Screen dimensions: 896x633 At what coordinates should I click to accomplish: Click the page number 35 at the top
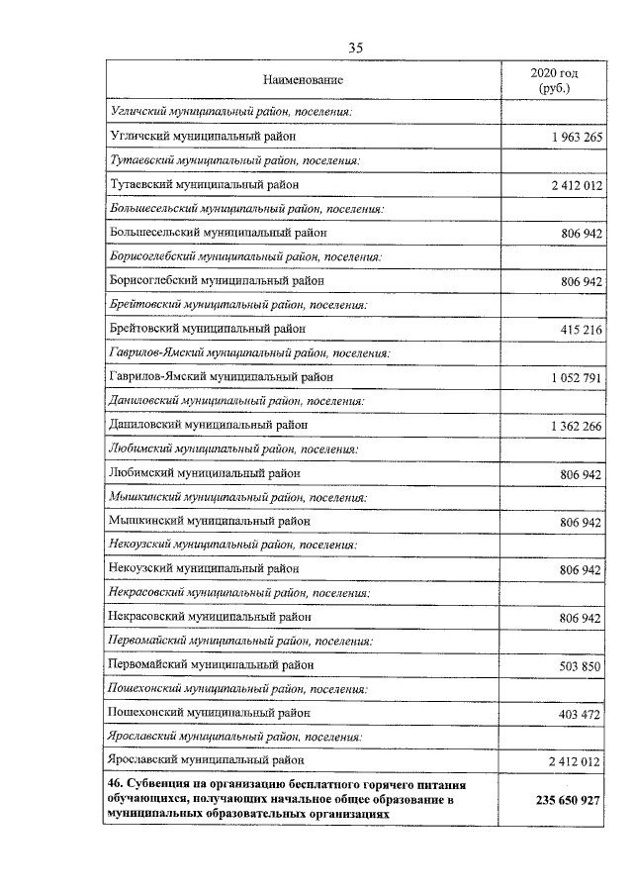(357, 47)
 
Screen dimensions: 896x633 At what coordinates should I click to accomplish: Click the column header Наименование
(303, 79)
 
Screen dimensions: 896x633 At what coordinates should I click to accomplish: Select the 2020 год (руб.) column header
(554, 80)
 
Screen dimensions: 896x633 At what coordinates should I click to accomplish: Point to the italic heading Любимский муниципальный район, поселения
(231, 448)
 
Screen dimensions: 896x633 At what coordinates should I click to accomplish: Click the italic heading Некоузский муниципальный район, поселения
(230, 545)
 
